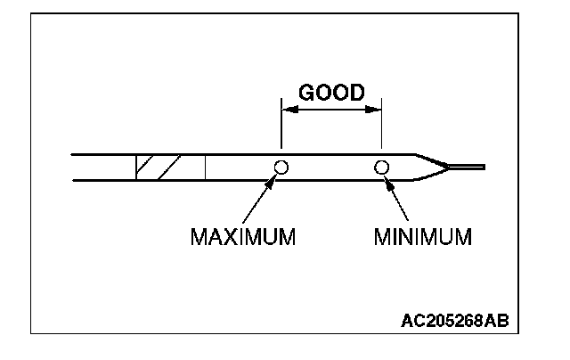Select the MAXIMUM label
pyautogui.click(x=242, y=238)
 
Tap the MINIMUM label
pyautogui.click(x=422, y=238)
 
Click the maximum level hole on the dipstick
pyautogui.click(x=281, y=167)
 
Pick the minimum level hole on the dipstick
pyautogui.click(x=381, y=167)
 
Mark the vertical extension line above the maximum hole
pyautogui.click(x=281, y=130)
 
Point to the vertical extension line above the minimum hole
pyautogui.click(x=381, y=130)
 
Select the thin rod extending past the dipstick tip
pyautogui.click(x=467, y=166)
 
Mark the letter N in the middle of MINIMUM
pyautogui.click(x=410, y=238)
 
